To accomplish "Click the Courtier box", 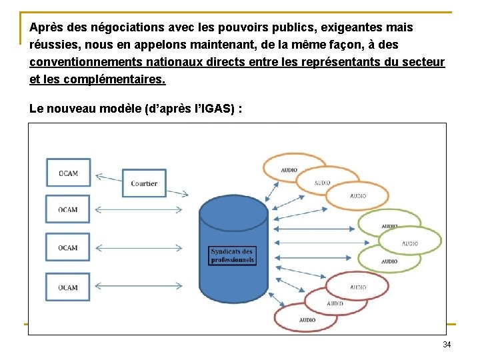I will tap(144, 183).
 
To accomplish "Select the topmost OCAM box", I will tap(68, 173).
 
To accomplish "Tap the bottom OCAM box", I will tap(68, 287).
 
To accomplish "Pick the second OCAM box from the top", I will tap(68, 209).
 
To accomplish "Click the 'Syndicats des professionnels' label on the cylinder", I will tap(232, 255).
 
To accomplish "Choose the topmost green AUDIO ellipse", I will tap(389, 224).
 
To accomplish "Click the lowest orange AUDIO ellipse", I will tap(357, 195).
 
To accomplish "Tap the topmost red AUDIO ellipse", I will tap(357, 287).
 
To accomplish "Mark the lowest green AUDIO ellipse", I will tap(389, 261).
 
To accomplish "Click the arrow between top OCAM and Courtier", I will tap(108, 177).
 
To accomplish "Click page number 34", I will tap(447, 345).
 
